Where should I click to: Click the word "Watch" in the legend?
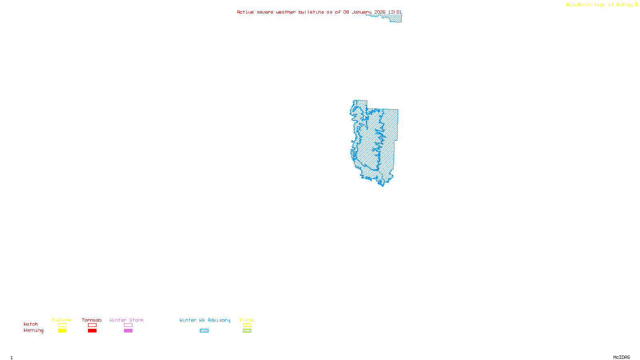pyautogui.click(x=31, y=324)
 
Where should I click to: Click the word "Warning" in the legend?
pyautogui.click(x=33, y=330)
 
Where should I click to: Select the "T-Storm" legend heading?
pyautogui.click(x=62, y=320)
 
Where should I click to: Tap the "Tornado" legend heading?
pyautogui.click(x=92, y=320)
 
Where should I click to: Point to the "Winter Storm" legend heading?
pyautogui.click(x=126, y=320)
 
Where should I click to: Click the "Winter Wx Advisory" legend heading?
pyautogui.click(x=205, y=320)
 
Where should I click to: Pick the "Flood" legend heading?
pyautogui.click(x=247, y=320)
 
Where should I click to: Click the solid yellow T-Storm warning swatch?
pyautogui.click(x=62, y=331)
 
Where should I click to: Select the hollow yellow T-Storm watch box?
pyautogui.click(x=62, y=325)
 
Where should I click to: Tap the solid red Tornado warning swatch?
pyautogui.click(x=92, y=331)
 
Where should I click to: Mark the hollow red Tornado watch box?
pyautogui.click(x=92, y=325)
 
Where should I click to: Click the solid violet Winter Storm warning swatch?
pyautogui.click(x=128, y=331)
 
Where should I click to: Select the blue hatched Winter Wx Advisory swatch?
pyautogui.click(x=204, y=331)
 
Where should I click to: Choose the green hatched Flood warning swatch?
pyautogui.click(x=247, y=331)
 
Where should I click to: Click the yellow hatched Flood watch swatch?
pyautogui.click(x=247, y=325)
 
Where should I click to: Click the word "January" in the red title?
pyautogui.click(x=361, y=12)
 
